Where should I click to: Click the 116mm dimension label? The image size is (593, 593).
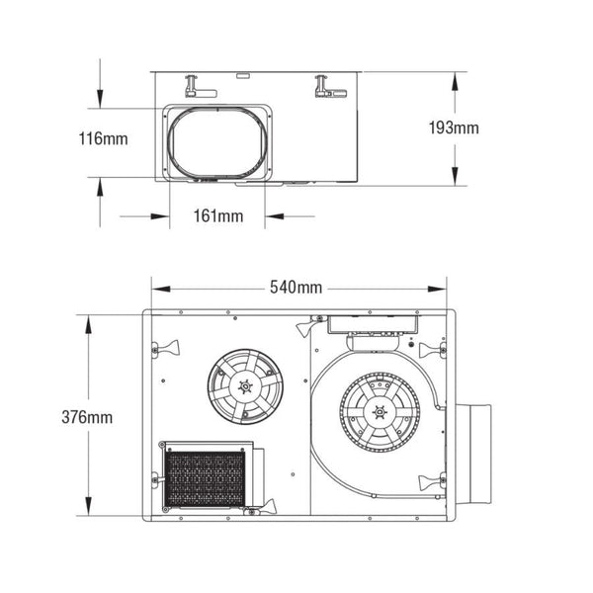pos(103,139)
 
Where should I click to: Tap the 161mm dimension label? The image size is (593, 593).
pos(216,215)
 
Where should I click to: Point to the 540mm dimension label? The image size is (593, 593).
pos(296,288)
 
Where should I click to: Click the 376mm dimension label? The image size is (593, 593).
pos(87,416)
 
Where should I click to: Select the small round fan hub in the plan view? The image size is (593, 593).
pos(245,382)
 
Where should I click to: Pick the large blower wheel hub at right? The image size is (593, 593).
pos(380,412)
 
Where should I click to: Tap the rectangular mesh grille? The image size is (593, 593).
pos(204,477)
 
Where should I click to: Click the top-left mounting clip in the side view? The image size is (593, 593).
pos(202,90)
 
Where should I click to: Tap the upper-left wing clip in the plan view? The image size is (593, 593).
pos(165,348)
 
